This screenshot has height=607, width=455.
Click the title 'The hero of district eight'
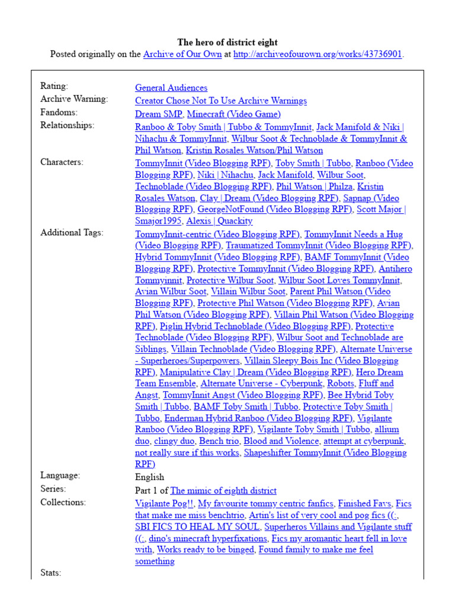pos(227,43)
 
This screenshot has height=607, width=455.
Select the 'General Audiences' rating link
pos(171,88)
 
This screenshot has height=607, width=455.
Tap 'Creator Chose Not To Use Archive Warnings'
pos(221,101)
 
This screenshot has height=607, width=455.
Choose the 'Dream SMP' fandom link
pos(158,114)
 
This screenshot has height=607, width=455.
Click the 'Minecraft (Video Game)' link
pos(234,114)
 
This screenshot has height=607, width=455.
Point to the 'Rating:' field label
pos(55,87)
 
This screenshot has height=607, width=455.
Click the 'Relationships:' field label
pos(67,126)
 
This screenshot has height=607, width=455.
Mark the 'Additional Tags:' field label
pos(72,233)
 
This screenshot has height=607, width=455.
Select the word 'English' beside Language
pos(150,477)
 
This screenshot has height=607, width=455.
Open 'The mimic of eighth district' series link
pos(223,490)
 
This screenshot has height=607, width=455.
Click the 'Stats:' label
pos(51,573)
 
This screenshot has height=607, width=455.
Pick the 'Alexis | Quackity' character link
pos(219,221)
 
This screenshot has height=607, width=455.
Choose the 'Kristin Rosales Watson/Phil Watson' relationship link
pos(255,151)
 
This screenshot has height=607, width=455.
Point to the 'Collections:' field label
pos(63,503)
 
